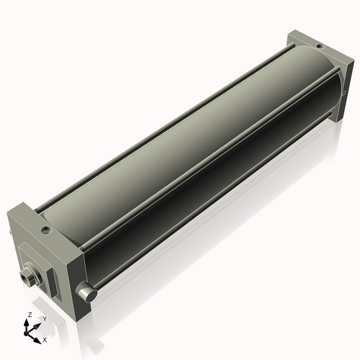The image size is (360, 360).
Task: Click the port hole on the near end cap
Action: [46, 232]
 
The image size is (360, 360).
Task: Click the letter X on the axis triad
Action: [45, 338]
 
